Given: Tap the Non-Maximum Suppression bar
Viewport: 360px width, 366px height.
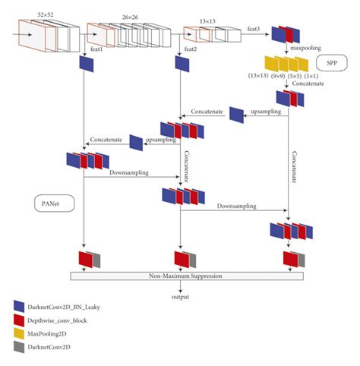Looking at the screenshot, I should [186, 275].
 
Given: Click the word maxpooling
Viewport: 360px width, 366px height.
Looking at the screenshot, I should [302, 48].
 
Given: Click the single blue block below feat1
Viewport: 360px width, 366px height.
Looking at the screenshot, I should [86, 66].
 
